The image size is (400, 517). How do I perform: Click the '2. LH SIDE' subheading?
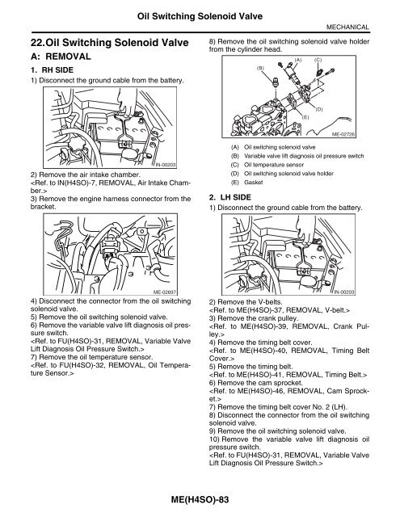(234, 196)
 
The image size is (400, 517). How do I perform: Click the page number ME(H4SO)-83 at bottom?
(200, 502)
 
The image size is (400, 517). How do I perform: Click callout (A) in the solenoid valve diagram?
(297, 60)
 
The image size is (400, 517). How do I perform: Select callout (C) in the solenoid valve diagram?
(318, 60)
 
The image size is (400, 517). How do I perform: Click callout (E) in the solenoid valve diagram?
(306, 117)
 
